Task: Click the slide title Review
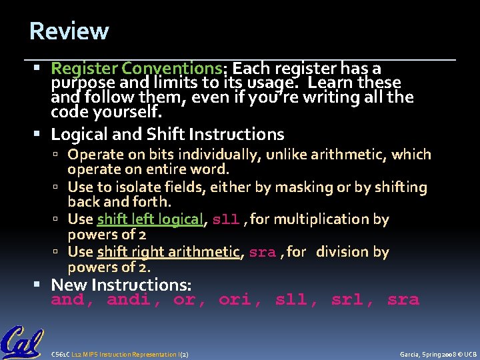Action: coord(69,31)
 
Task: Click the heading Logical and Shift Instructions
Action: coord(167,134)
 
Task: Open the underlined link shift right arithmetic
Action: coord(168,252)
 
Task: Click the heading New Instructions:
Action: coord(121,285)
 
